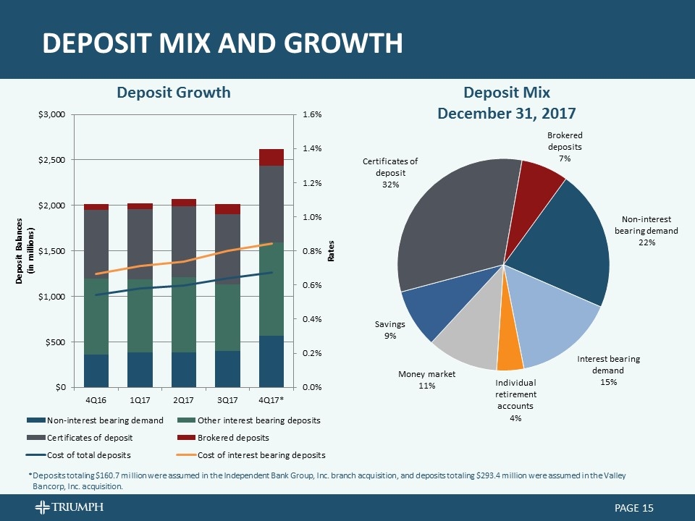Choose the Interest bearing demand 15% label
click(x=608, y=370)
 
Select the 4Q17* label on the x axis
click(x=271, y=399)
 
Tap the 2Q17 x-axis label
click(x=184, y=399)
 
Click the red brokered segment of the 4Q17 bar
click(x=271, y=157)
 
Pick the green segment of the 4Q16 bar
click(x=96, y=316)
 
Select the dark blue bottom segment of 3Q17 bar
click(x=227, y=368)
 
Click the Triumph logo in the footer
click(x=69, y=507)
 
